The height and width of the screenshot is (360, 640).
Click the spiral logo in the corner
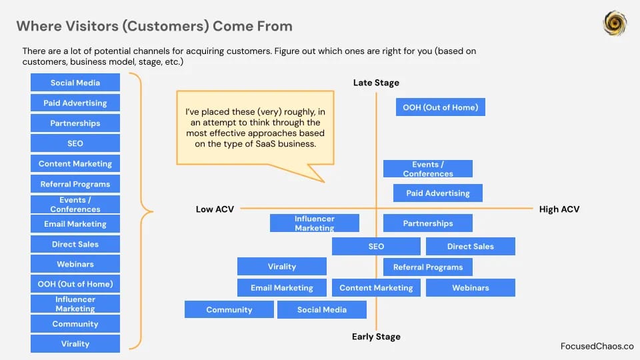(x=615, y=23)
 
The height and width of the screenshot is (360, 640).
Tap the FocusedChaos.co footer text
(x=597, y=346)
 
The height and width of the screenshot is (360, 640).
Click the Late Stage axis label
(x=376, y=83)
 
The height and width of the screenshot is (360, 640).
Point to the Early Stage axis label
(x=376, y=337)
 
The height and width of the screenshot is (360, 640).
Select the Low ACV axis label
(x=215, y=209)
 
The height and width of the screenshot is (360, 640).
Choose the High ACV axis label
(x=559, y=209)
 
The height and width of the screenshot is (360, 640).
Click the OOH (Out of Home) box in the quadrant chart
(x=441, y=107)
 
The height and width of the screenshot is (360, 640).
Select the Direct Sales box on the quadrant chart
(x=471, y=246)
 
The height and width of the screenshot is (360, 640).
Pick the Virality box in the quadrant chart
(x=281, y=266)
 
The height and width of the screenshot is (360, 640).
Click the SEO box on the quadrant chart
(x=376, y=246)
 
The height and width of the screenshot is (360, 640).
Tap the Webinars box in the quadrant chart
(x=471, y=287)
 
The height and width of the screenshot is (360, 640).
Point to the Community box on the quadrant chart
(x=229, y=309)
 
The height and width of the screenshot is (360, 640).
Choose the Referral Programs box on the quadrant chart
(x=428, y=267)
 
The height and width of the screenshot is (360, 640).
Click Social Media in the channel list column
(x=75, y=83)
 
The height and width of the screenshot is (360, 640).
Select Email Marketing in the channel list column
(x=75, y=224)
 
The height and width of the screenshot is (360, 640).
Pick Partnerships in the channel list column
(x=75, y=123)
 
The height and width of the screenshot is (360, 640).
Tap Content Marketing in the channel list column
(x=75, y=163)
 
